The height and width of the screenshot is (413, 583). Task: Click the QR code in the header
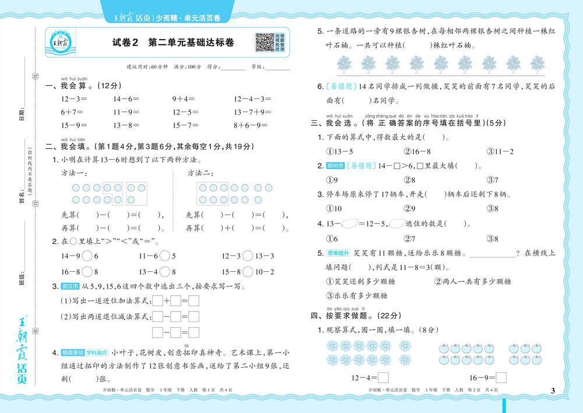(x=264, y=43)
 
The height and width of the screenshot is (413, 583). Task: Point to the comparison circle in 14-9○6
(x=87, y=256)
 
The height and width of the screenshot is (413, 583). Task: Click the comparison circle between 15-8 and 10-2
(x=247, y=271)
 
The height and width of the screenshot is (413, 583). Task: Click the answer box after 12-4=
(x=383, y=377)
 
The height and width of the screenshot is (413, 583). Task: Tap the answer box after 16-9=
(x=501, y=377)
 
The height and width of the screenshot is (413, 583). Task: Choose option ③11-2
(x=500, y=152)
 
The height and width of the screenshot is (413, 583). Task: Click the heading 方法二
(x=200, y=173)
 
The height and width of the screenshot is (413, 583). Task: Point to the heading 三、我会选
(x=332, y=123)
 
